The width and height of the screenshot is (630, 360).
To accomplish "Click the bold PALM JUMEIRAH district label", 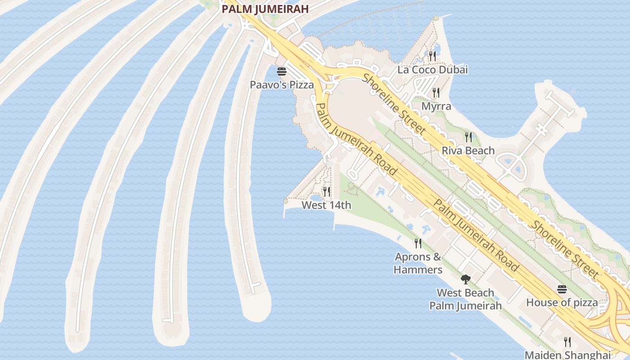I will click(x=265, y=9).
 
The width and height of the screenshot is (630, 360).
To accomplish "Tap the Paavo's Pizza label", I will click(x=282, y=85).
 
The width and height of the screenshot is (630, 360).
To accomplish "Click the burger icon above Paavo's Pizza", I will click(x=282, y=72).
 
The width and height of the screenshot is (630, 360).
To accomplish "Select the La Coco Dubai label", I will click(x=432, y=70).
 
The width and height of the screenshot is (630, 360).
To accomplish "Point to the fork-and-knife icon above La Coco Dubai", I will click(x=432, y=56).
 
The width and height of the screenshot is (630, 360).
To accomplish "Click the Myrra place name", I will click(x=436, y=106).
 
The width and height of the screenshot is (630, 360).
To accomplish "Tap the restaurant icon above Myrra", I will click(x=436, y=93).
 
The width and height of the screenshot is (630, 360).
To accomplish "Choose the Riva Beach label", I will click(x=468, y=150).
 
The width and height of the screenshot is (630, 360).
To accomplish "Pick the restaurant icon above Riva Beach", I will click(x=468, y=137).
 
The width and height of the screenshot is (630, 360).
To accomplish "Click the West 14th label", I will click(x=326, y=205).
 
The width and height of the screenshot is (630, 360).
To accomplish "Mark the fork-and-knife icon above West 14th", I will click(x=327, y=192).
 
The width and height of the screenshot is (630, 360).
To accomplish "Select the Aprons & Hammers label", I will click(x=418, y=263).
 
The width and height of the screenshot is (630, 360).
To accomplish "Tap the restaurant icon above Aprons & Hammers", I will click(x=418, y=243).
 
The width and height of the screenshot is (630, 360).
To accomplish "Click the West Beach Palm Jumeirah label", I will click(x=465, y=299).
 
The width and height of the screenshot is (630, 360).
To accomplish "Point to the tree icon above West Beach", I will click(x=466, y=279).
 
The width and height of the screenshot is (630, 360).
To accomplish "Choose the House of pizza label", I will click(x=562, y=302).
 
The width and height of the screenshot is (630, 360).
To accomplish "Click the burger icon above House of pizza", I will click(x=562, y=289).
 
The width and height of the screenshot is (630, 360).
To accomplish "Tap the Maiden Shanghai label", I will click(x=567, y=355).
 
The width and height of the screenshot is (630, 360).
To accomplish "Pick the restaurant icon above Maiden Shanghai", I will click(x=567, y=342).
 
